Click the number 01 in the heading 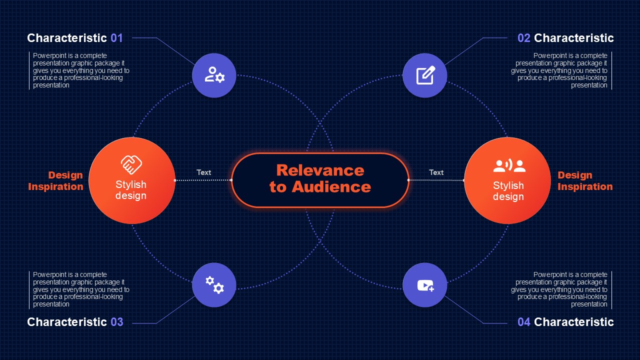click(117, 38)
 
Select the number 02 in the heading click(523, 38)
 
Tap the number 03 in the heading click(117, 322)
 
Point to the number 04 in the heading click(523, 322)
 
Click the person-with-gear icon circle click(214, 75)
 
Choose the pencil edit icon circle click(424, 75)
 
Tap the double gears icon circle click(214, 285)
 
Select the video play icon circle click(424, 285)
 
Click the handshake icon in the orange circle click(131, 164)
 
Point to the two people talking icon click(509, 165)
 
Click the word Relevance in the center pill click(320, 170)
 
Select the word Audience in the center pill click(331, 187)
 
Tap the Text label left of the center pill click(203, 172)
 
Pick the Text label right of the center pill click(436, 172)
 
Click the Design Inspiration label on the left click(55, 181)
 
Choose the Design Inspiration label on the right click(585, 181)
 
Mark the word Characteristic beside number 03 click(67, 322)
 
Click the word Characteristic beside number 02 click(573, 38)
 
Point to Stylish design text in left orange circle click(131, 190)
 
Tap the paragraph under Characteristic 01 click(81, 70)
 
